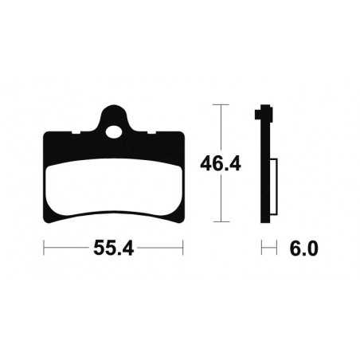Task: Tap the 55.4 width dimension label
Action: coord(113,248)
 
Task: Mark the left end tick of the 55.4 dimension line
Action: coord(44,248)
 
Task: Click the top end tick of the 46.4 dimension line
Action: coord(220,105)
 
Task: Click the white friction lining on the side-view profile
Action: coord(273,188)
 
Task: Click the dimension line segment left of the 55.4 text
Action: coord(67,248)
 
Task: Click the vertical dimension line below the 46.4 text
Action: coord(220,199)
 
